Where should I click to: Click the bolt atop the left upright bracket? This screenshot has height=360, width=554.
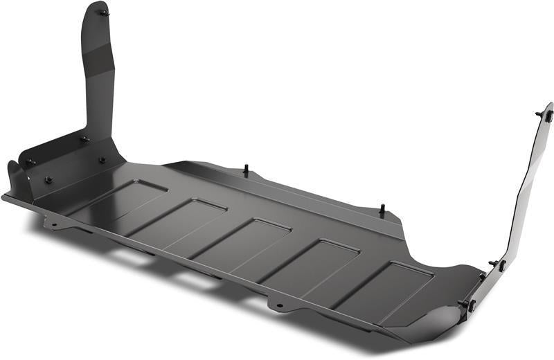[103, 12]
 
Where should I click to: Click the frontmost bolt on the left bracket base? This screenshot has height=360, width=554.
[48, 180]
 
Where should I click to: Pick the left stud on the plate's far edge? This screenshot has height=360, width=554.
[246, 168]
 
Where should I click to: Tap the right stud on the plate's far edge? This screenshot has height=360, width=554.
[382, 208]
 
